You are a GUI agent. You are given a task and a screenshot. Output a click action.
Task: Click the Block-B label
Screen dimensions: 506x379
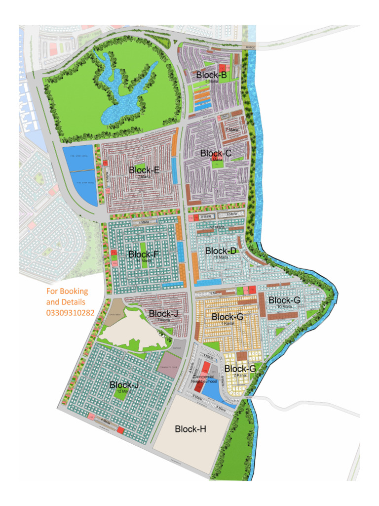(211, 75)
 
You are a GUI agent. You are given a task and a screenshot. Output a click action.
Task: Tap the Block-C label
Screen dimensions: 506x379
(216, 154)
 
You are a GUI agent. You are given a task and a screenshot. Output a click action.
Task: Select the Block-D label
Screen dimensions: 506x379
(221, 251)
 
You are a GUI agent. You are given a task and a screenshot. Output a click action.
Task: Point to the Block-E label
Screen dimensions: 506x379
(144, 170)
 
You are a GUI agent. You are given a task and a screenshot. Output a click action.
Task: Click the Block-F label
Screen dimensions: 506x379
(144, 254)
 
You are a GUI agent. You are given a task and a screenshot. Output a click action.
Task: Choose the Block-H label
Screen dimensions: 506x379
(190, 429)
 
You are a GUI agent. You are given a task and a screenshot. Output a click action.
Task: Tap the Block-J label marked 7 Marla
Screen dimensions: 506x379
(163, 313)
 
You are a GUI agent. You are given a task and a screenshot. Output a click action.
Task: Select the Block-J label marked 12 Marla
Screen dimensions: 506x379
(124, 385)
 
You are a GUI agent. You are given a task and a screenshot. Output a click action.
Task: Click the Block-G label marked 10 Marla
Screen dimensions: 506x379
(284, 300)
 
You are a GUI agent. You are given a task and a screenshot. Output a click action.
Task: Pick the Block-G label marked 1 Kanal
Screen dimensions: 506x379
(227, 317)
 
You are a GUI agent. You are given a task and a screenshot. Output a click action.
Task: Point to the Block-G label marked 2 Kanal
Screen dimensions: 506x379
(240, 369)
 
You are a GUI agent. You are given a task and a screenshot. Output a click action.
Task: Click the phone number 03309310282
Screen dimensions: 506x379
(71, 312)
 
